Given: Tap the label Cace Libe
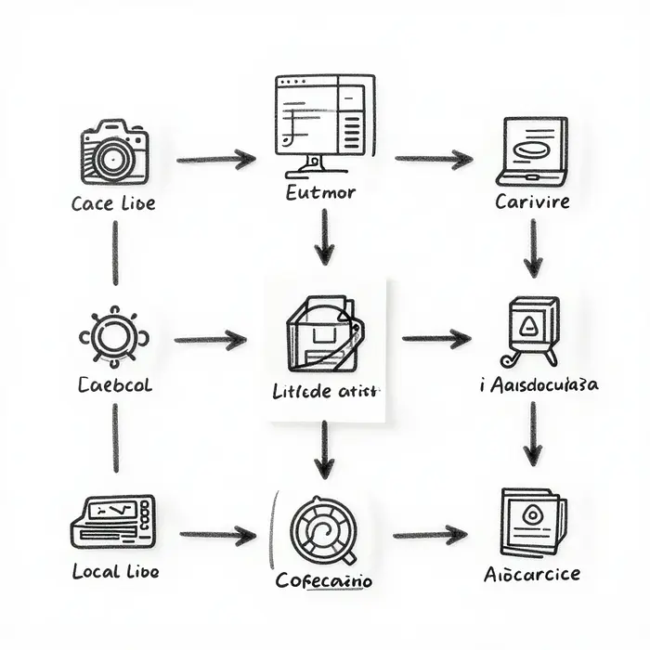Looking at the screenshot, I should (113, 203).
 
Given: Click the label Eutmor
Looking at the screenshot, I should (320, 193).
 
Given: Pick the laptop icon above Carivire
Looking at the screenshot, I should (532, 149).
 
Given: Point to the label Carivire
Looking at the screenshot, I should (532, 201).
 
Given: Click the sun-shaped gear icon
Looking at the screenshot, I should (114, 336).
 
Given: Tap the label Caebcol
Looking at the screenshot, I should (114, 384).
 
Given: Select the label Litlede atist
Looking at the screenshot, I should (325, 391).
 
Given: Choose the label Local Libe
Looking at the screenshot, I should (114, 572).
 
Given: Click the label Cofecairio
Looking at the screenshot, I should (323, 581).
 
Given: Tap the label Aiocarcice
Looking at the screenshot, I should (531, 574).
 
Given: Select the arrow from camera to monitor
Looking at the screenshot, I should (215, 160).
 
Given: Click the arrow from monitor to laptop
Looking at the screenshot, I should (433, 160).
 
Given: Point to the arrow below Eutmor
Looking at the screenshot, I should (323, 237).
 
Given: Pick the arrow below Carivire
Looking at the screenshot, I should (532, 248).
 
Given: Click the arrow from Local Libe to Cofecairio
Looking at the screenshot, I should (217, 535).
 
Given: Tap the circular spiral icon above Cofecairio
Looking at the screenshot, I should (323, 530).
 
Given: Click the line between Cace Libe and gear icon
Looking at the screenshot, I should (115, 253).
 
